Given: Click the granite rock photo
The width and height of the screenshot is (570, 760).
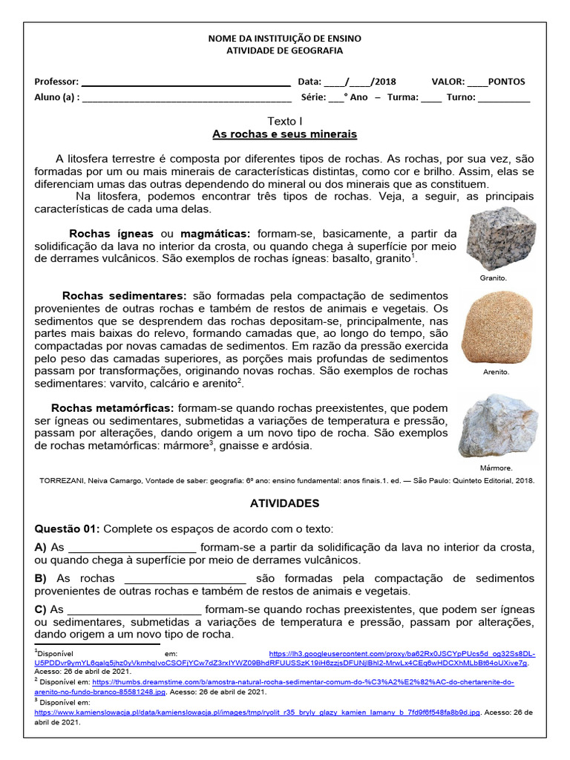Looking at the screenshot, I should pyautogui.click(x=501, y=239).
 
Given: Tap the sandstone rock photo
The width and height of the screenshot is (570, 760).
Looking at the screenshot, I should pyautogui.click(x=497, y=327).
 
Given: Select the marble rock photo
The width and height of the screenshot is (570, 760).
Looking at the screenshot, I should pyautogui.click(x=498, y=427).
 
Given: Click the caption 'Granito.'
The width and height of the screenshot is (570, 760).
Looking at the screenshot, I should pyautogui.click(x=494, y=278).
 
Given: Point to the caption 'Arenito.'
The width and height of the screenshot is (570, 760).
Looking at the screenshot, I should pyautogui.click(x=496, y=373).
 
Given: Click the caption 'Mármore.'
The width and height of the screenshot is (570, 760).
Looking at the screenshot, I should pyautogui.click(x=497, y=468).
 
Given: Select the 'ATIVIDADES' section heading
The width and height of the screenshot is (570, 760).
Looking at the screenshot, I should pyautogui.click(x=285, y=503).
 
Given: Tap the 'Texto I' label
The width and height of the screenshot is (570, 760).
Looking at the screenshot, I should pyautogui.click(x=284, y=120).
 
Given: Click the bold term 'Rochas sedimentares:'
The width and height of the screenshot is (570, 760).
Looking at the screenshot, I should pyautogui.click(x=125, y=295).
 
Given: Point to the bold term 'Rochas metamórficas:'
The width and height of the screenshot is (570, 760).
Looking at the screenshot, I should pyautogui.click(x=112, y=408).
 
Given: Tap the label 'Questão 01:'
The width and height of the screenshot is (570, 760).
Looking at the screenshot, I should pyautogui.click(x=68, y=528).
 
